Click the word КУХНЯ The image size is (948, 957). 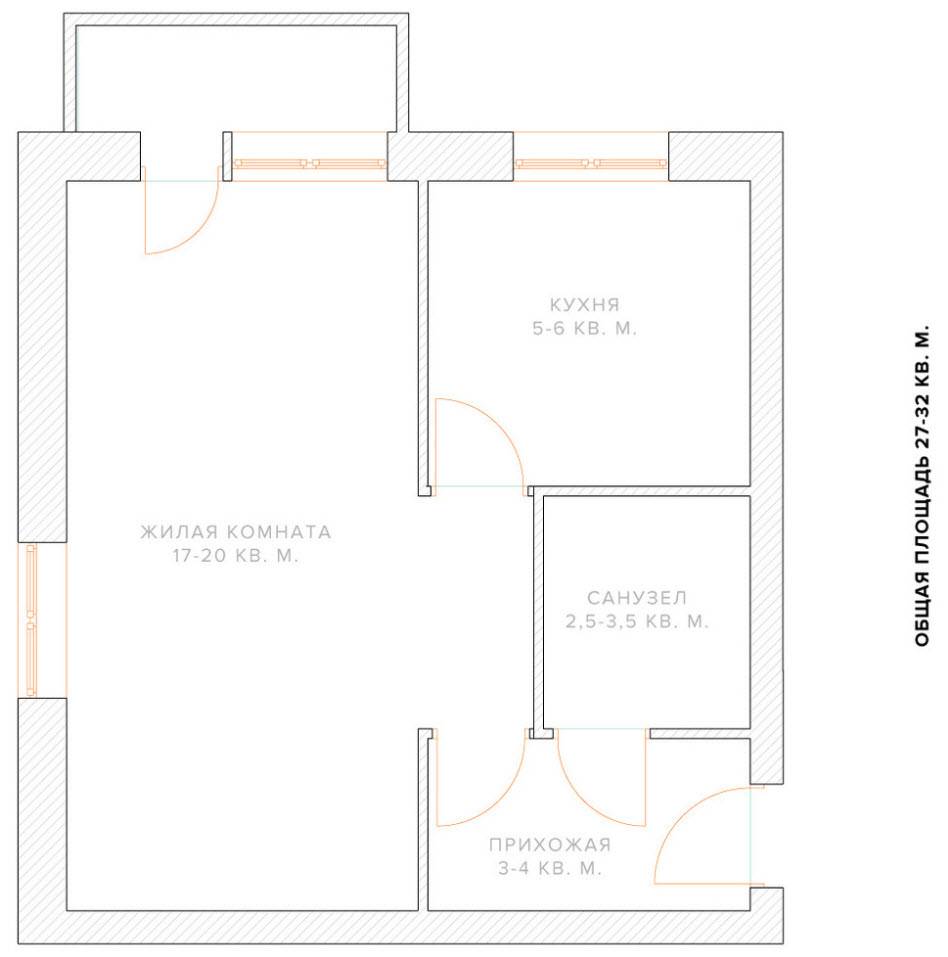pyautogui.click(x=584, y=305)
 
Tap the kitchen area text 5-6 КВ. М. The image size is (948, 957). pyautogui.click(x=584, y=328)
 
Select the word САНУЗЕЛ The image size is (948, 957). pyautogui.click(x=637, y=598)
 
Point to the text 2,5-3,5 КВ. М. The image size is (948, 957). pyautogui.click(x=637, y=621)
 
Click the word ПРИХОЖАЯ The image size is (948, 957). pyautogui.click(x=550, y=845)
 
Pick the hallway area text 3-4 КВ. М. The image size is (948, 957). pyautogui.click(x=550, y=868)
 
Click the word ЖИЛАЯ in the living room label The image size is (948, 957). pyautogui.click(x=179, y=532)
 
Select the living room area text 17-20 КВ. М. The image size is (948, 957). pyautogui.click(x=236, y=555)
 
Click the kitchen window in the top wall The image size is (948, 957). pyautogui.click(x=591, y=163)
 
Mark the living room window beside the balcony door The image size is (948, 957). pyautogui.click(x=309, y=163)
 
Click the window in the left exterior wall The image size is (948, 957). pyautogui.click(x=32, y=620)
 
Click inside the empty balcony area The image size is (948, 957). pyautogui.click(x=237, y=78)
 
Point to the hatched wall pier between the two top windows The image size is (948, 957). pyautogui.click(x=450, y=156)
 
